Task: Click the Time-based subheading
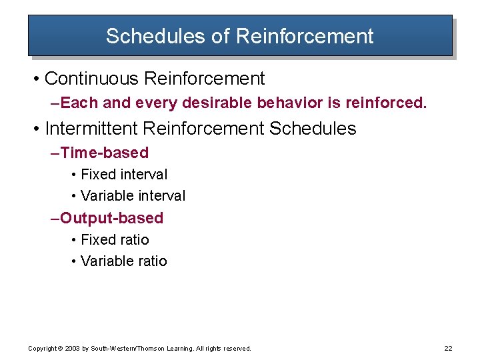point(104,153)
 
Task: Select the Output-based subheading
point(111,218)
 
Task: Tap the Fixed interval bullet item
point(123,175)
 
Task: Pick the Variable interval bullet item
point(133,196)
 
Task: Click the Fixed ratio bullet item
point(115,240)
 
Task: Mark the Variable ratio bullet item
point(123,261)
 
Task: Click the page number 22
point(447,349)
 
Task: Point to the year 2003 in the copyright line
point(71,349)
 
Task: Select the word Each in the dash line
point(73,103)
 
